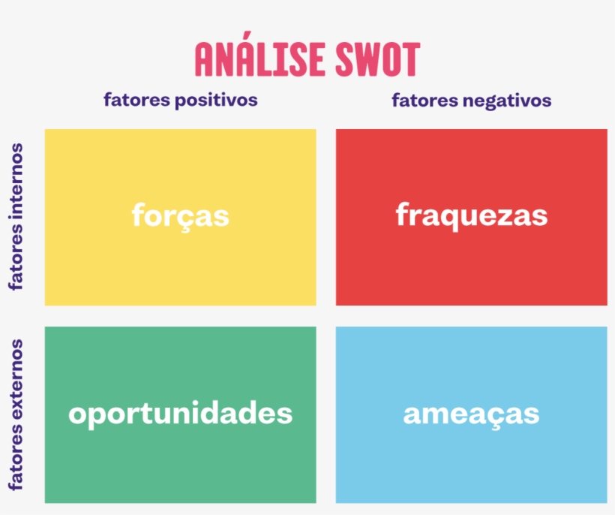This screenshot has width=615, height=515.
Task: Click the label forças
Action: (180, 215)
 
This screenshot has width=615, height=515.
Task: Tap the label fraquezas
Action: (471, 215)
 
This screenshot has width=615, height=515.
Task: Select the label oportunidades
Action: (180, 414)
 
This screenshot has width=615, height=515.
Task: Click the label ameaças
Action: (471, 414)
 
